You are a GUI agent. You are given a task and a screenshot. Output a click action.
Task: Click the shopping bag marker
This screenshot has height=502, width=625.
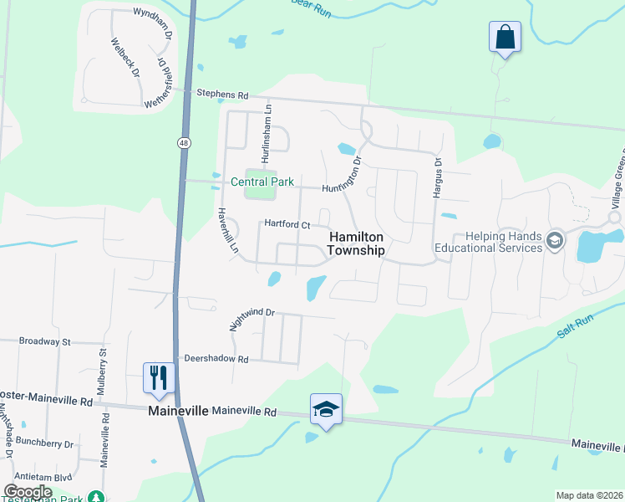(505, 38)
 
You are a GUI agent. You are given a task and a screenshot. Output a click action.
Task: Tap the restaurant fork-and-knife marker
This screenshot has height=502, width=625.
(157, 377)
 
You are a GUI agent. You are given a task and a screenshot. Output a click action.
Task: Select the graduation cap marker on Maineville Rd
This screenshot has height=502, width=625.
(326, 409)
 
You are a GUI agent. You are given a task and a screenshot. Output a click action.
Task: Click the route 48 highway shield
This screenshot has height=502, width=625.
(183, 143)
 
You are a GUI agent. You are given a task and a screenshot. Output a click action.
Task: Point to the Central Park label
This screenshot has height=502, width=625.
(262, 182)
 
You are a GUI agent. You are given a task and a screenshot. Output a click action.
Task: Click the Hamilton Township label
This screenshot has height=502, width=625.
(356, 243)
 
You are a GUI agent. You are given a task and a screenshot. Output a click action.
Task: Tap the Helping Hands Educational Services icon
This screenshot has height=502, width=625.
(554, 243)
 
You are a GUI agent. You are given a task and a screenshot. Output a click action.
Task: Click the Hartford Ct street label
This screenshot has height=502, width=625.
(287, 224)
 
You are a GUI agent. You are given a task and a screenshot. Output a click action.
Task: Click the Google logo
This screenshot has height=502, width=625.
(28, 491)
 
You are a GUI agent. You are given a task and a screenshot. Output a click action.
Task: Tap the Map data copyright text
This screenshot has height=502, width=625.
(589, 495)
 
